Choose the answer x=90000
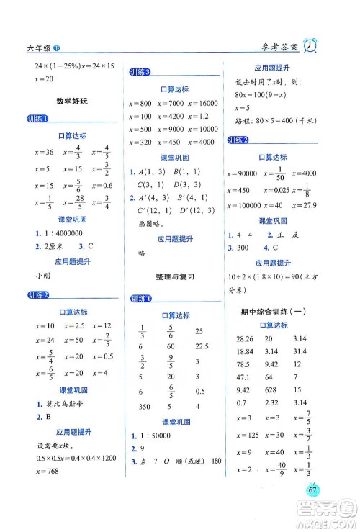[241, 173]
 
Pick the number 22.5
[196, 346]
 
